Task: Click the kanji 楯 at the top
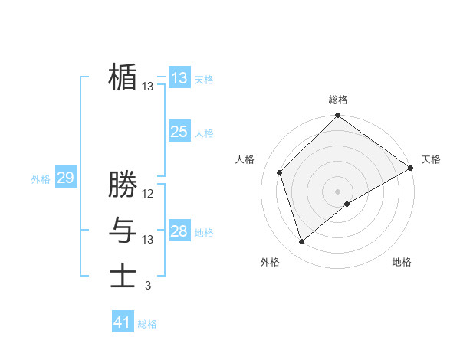(x=123, y=77)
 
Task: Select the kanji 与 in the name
(x=123, y=230)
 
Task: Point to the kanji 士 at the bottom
(x=123, y=275)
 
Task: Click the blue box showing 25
(x=179, y=132)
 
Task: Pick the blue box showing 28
(x=179, y=231)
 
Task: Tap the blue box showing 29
(x=65, y=178)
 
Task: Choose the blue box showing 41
(x=123, y=322)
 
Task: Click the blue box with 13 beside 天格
(x=179, y=78)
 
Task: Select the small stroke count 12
(x=148, y=194)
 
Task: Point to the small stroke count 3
(x=148, y=286)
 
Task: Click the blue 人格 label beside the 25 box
(x=204, y=133)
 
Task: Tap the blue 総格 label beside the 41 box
(x=147, y=324)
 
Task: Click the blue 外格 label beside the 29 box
(x=41, y=179)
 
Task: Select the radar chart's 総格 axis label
(x=338, y=100)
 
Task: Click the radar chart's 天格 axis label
(x=431, y=159)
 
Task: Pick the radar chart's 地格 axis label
(x=402, y=262)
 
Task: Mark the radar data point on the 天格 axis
(x=411, y=168)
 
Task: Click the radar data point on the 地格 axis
(x=347, y=204)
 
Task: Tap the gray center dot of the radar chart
(x=338, y=191)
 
